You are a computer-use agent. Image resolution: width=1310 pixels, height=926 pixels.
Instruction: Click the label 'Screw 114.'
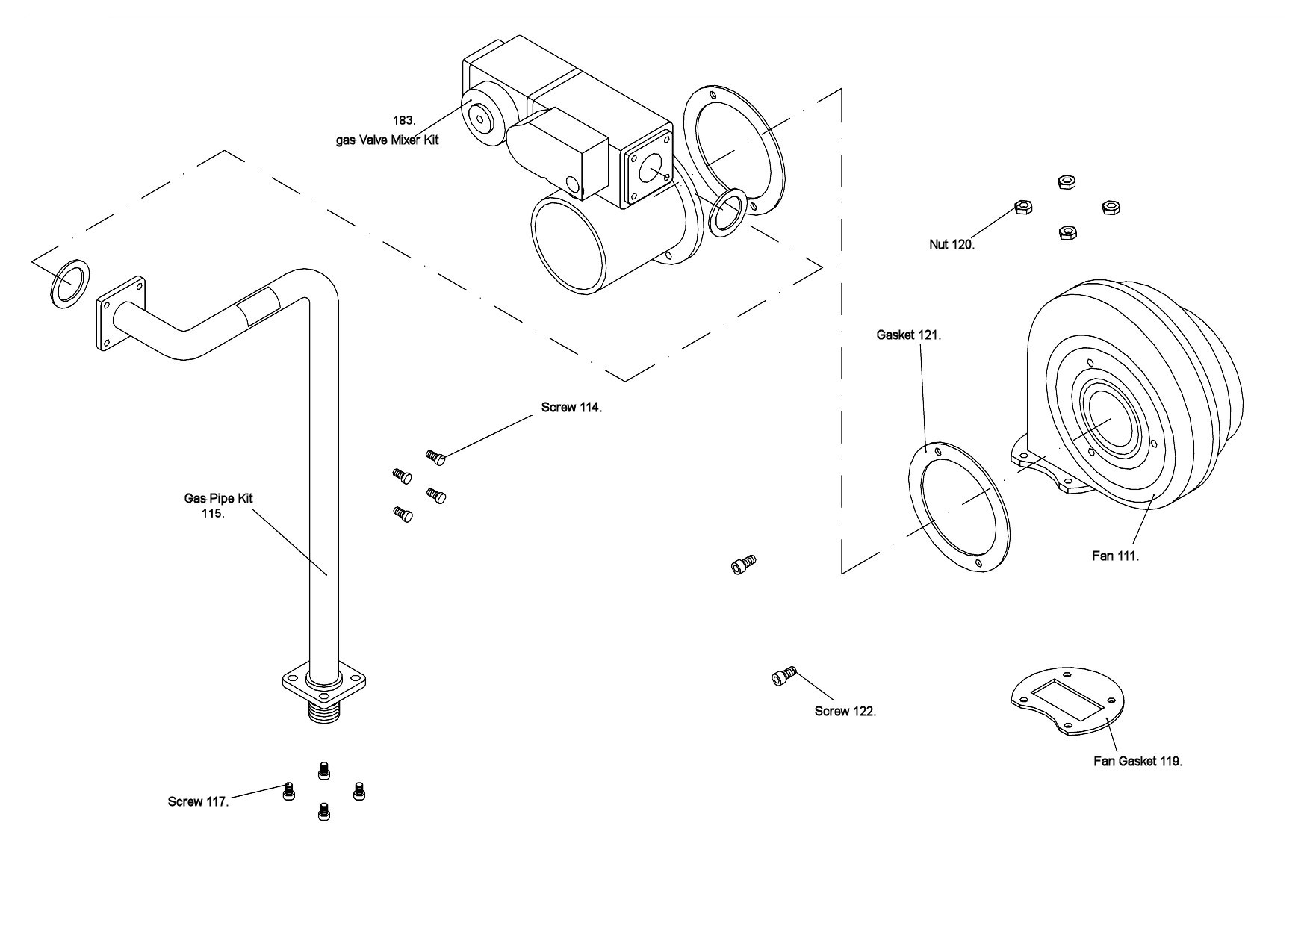[x=571, y=408]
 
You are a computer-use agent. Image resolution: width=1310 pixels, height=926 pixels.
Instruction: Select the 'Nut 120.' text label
[x=952, y=244]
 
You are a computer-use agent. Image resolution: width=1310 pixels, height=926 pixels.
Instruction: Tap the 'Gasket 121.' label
[x=908, y=335]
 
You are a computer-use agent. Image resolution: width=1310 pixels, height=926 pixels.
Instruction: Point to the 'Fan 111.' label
[x=1116, y=556]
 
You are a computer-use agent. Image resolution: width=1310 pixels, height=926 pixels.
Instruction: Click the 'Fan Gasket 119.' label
[x=1137, y=761]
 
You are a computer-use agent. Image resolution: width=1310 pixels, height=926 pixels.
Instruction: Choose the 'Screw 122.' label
[x=845, y=711]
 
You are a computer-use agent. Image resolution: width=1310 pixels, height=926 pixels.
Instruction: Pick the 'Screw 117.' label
[x=198, y=801]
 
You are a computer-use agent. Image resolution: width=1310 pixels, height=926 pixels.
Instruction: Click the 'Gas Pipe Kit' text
[x=219, y=498]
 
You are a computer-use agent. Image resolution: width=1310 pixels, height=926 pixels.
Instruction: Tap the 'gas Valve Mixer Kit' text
[x=387, y=140]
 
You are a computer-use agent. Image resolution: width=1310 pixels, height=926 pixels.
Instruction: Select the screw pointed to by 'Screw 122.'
[x=783, y=676]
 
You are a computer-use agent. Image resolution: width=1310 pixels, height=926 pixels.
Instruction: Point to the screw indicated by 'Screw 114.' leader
[x=435, y=457]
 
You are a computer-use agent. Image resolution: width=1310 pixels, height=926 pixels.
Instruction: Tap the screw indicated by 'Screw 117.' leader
[x=289, y=792]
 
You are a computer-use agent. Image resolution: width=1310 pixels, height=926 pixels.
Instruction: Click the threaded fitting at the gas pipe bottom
[x=324, y=712]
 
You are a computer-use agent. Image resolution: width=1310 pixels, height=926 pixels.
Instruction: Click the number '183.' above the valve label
[x=404, y=120]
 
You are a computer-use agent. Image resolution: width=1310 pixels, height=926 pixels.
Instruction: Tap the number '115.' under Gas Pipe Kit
[x=213, y=513]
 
